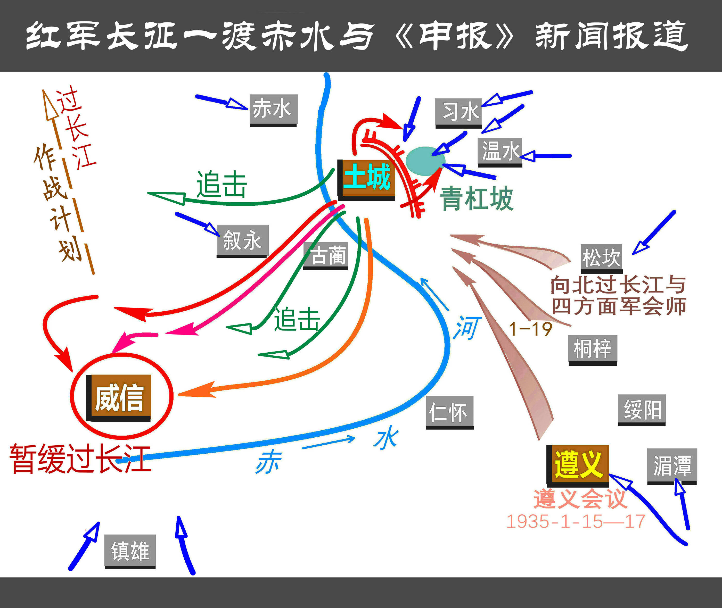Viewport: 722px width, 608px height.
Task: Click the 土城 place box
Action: (366, 180)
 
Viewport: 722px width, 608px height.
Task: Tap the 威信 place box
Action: (118, 398)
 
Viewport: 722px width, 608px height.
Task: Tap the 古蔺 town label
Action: (325, 256)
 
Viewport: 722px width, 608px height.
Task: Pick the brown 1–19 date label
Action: (531, 329)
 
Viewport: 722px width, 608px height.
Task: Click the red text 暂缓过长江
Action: (80, 459)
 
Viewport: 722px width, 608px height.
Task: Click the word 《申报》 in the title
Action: (455, 36)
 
